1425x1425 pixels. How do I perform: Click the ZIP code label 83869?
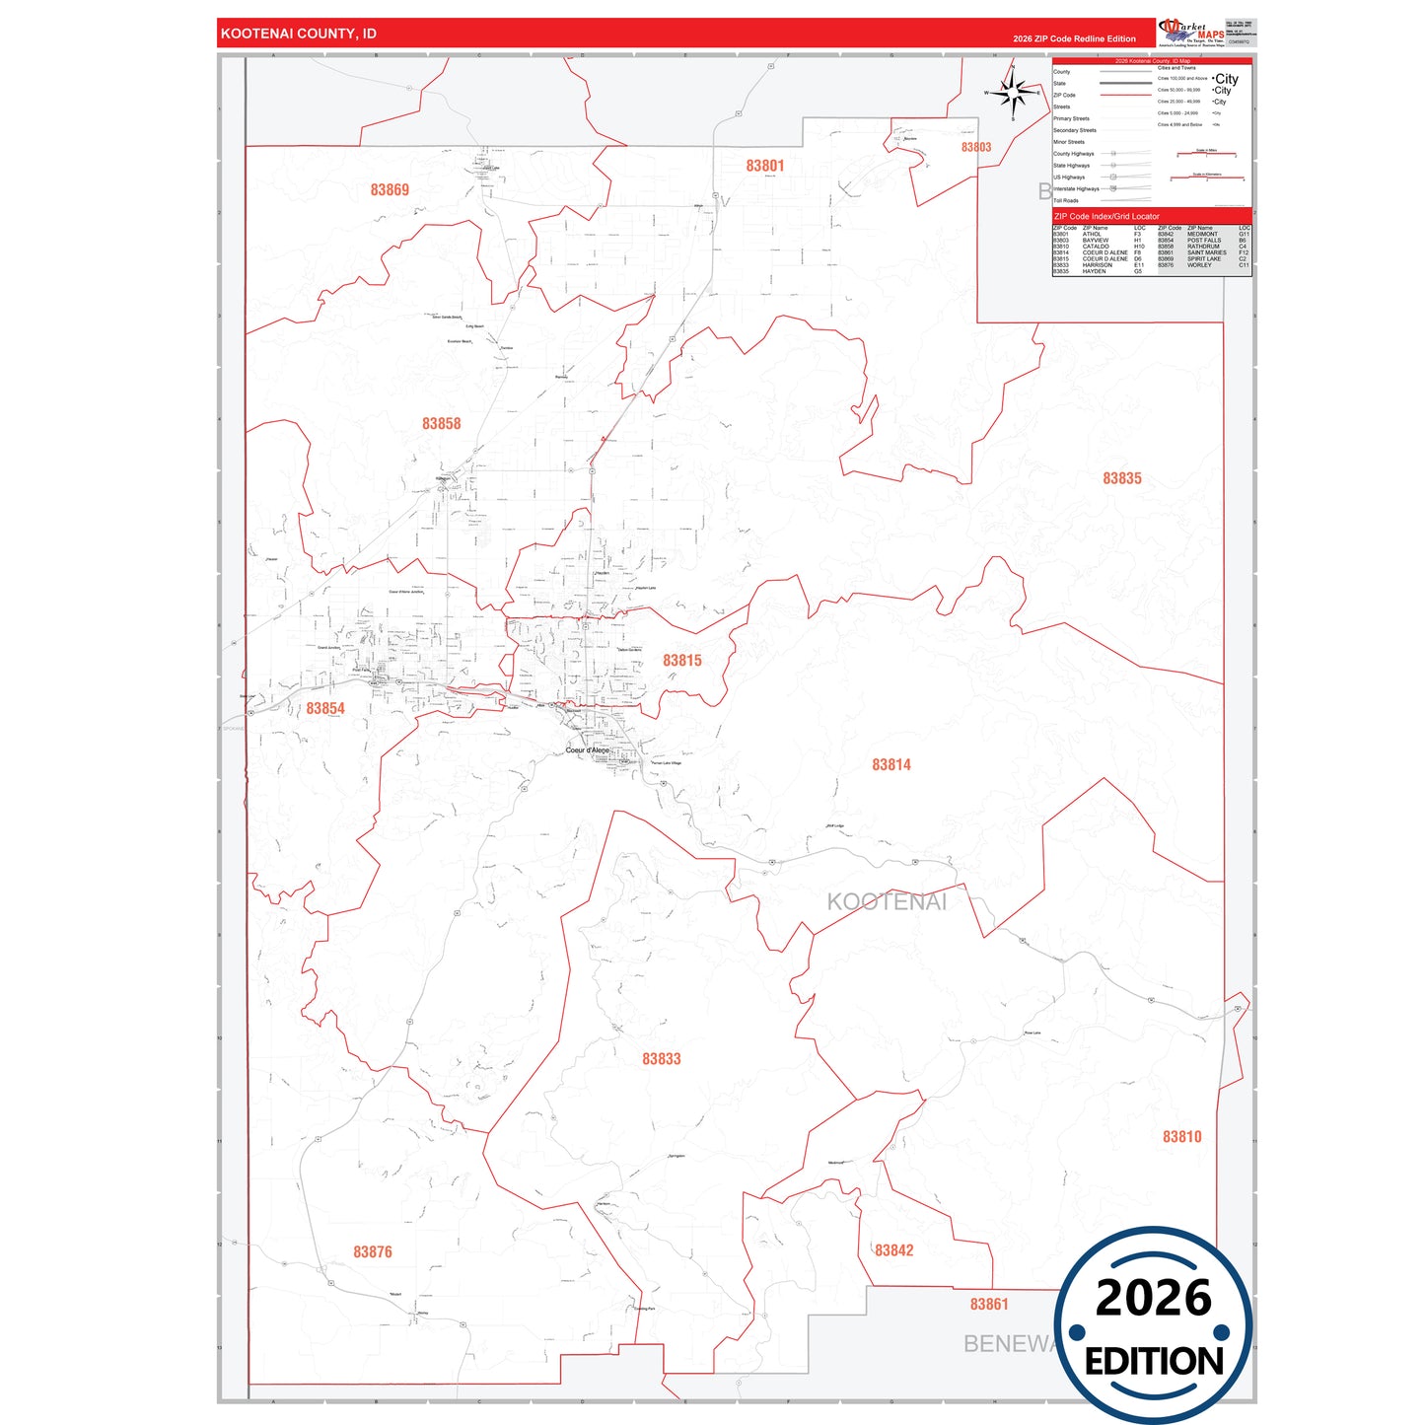[x=390, y=189]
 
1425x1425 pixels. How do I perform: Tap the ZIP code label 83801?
[x=765, y=166]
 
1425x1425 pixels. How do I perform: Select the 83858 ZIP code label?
[x=442, y=423]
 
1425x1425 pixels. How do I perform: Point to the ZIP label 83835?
[x=1122, y=478]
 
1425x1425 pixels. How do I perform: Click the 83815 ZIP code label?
[x=682, y=661]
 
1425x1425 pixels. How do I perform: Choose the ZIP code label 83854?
[x=325, y=708]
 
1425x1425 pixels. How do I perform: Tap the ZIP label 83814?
[x=891, y=764]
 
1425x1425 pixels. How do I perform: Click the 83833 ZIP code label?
[x=662, y=1059]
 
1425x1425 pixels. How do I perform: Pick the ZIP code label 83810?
[x=1182, y=1137]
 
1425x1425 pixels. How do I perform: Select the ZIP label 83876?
[x=373, y=1251]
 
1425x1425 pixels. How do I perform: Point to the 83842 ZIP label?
[x=894, y=1250]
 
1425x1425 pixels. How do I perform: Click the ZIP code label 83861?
[x=989, y=1304]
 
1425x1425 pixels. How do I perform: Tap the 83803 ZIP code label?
[x=976, y=147]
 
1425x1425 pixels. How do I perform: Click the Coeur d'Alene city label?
[x=588, y=750]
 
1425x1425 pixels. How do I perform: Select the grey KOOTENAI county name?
[x=887, y=901]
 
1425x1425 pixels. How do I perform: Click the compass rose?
[x=1013, y=94]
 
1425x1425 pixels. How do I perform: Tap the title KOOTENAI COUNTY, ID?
[x=299, y=34]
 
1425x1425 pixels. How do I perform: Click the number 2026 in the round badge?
[x=1154, y=1298]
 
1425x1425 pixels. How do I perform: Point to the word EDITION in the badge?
[x=1154, y=1362]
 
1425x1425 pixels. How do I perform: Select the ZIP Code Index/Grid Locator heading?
[x=1106, y=216]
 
